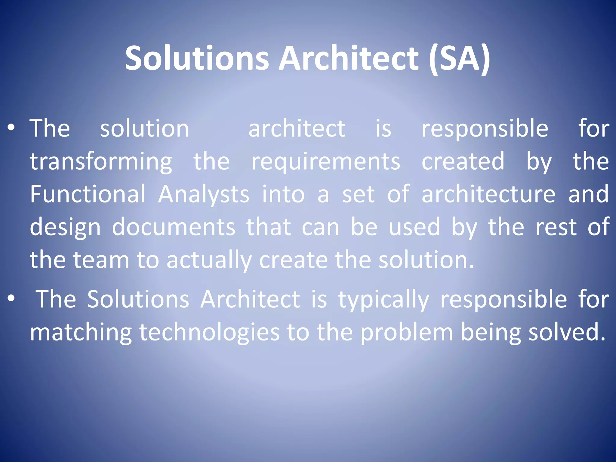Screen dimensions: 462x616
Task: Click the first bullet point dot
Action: point(11,128)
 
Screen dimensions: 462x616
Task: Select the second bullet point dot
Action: point(11,298)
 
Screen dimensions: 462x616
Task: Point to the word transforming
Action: point(101,162)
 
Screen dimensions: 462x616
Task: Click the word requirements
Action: point(326,162)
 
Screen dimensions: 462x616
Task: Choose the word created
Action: point(463,161)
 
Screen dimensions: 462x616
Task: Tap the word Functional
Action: point(88,194)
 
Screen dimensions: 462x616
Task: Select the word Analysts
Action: point(204,195)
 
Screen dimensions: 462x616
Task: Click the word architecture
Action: point(488,194)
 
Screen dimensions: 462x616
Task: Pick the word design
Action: point(65,227)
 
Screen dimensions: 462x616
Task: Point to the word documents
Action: point(174,227)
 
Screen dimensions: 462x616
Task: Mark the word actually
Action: point(209,260)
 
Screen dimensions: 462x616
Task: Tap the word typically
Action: point(384,300)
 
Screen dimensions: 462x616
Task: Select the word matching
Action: point(81,333)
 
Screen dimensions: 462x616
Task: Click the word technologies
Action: point(209,333)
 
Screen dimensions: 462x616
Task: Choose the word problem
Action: point(406,333)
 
